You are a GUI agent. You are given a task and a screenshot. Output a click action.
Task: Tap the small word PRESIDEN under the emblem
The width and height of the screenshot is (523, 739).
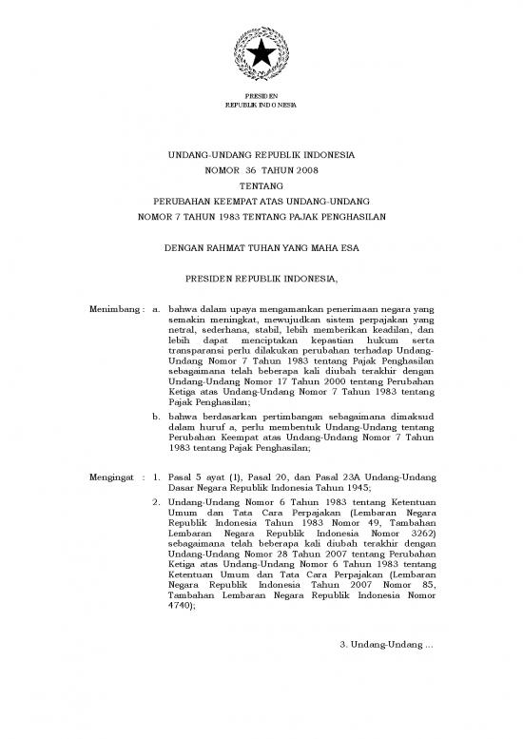click(x=261, y=96)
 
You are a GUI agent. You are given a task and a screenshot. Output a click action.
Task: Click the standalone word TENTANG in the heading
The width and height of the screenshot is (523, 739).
click(x=261, y=186)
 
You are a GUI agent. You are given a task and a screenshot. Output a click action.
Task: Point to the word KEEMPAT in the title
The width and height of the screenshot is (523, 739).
click(x=235, y=203)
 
